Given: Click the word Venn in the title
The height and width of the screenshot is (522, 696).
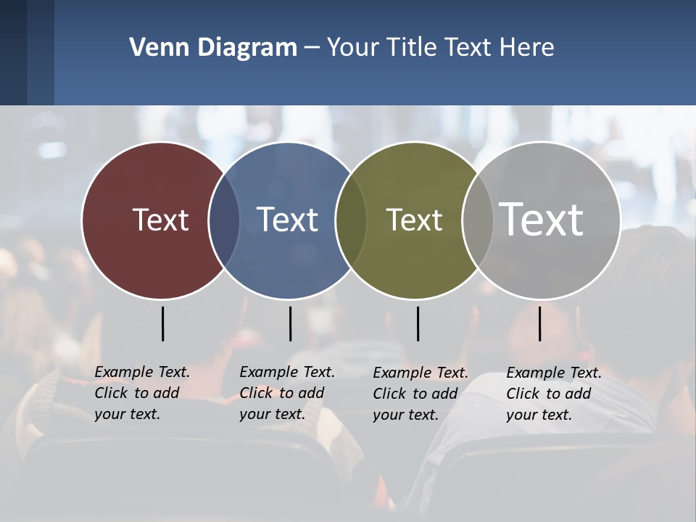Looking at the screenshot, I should [x=153, y=48].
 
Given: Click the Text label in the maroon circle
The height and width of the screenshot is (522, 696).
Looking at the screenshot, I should [x=160, y=220].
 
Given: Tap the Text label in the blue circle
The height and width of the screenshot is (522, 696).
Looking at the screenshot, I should [x=287, y=220].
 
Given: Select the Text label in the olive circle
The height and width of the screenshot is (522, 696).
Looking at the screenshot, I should [x=414, y=220].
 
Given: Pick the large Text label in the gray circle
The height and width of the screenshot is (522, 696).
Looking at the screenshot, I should [x=541, y=219].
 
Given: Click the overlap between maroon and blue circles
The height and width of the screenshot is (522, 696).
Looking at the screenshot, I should [x=224, y=220].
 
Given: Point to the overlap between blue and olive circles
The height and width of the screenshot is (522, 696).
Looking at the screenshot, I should [x=351, y=220].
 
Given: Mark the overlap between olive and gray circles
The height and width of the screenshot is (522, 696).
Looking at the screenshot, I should [x=476, y=220].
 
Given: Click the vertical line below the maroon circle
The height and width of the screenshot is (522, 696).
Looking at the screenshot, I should [x=162, y=323].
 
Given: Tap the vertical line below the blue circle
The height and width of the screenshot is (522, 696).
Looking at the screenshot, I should [x=290, y=323].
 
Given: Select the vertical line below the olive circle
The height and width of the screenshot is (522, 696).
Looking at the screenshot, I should [x=418, y=323].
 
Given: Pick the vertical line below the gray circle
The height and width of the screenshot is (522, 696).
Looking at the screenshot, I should [x=539, y=323].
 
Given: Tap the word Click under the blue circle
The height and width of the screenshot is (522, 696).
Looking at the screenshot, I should [x=256, y=393].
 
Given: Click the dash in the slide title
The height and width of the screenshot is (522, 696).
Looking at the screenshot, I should [x=312, y=49].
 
